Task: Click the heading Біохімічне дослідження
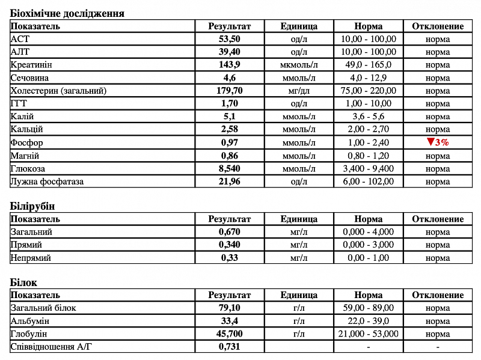click(67, 13)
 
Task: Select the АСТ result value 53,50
click(229, 39)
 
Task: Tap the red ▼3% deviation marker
click(438, 142)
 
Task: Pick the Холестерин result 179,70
click(229, 91)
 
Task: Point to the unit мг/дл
click(299, 91)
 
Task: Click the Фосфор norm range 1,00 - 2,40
click(368, 143)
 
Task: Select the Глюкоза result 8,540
click(229, 169)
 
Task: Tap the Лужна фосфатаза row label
click(47, 182)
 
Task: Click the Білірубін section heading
click(32, 206)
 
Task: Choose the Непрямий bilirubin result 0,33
click(229, 258)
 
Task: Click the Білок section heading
click(24, 282)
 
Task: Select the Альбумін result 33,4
click(229, 321)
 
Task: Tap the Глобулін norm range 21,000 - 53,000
click(368, 334)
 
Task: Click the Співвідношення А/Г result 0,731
click(229, 347)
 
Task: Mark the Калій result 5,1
click(229, 117)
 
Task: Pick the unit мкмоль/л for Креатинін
click(299, 65)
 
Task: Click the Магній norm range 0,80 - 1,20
click(368, 156)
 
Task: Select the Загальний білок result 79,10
click(229, 308)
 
